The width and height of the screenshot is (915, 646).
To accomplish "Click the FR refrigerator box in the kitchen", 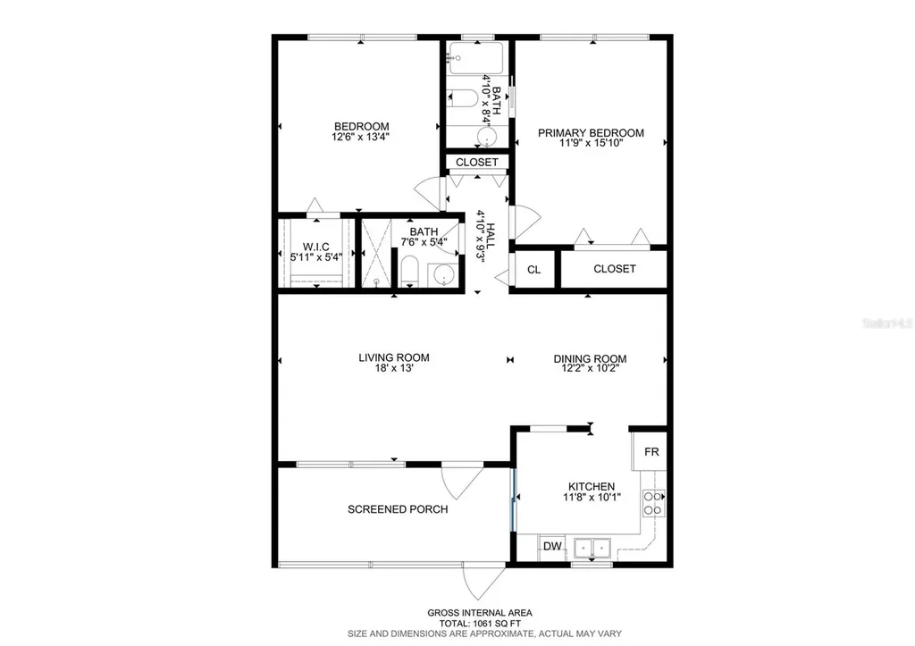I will coord(651,452).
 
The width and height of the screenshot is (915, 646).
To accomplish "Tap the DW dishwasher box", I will coord(552,546).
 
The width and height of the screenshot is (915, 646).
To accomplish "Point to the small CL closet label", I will coord(533,269).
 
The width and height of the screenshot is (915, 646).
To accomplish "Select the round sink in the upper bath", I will coord(486,136).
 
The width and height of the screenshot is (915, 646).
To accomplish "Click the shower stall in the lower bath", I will coord(376,253).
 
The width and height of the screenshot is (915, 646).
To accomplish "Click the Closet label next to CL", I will coord(615,269).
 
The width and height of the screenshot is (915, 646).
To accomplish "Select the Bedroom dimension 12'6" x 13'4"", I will coord(361,137).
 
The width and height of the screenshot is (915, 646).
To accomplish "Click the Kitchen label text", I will coord(589,486).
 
